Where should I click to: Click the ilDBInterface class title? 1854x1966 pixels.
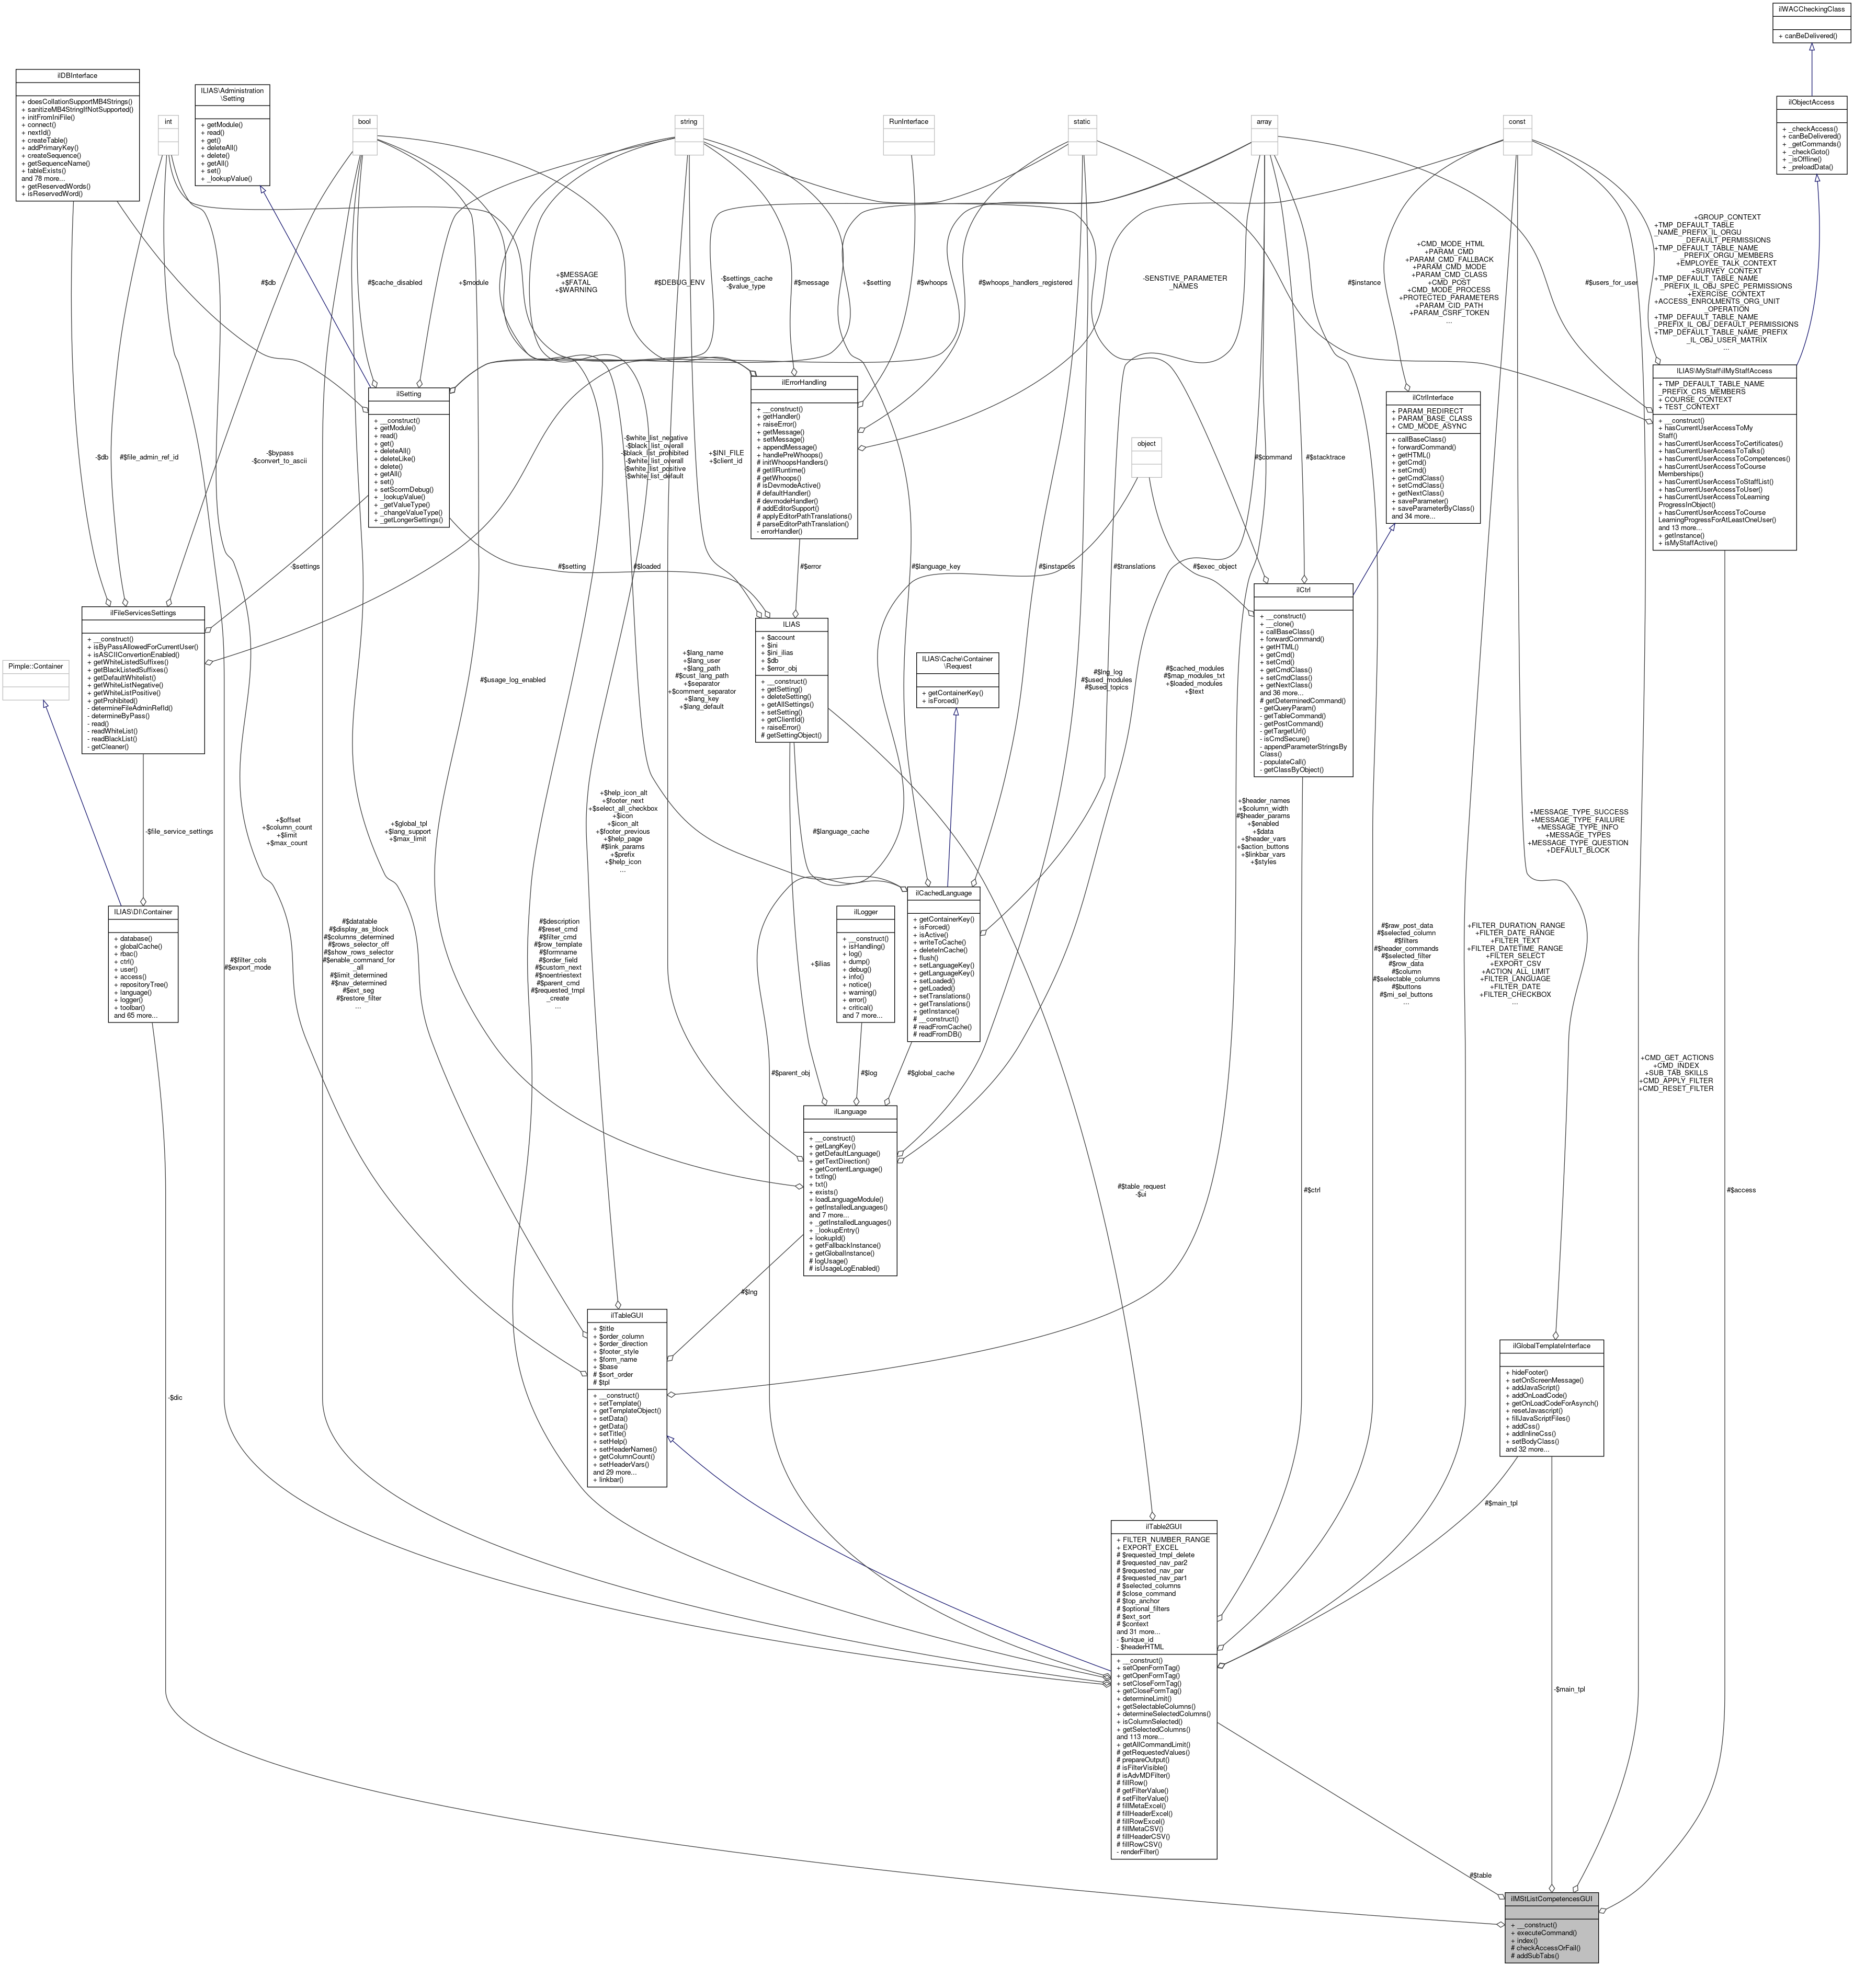[x=77, y=75]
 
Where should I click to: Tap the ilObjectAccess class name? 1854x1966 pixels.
[x=1810, y=102]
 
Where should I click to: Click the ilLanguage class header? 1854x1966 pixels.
[x=850, y=1111]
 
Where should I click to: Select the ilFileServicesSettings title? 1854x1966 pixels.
[x=142, y=613]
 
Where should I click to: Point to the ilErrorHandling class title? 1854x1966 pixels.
[x=803, y=382]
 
